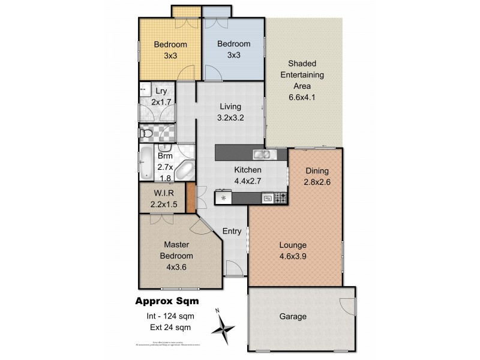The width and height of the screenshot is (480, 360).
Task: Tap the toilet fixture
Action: pos(146,132)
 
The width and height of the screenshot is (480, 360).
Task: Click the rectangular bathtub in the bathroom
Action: pos(146,164)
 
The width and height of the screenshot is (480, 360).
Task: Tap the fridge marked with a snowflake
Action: pos(224,197)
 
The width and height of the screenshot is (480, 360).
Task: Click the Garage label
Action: pos(293,317)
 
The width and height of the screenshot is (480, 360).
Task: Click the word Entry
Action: pos(232,231)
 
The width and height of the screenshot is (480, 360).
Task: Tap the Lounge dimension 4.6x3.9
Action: pos(293,256)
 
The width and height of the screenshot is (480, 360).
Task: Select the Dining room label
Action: pos(317,170)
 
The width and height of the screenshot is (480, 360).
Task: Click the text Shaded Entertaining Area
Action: pos(306,74)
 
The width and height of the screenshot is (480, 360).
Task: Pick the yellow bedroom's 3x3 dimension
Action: pos(170,55)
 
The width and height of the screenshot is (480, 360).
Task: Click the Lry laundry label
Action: pos(161,91)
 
